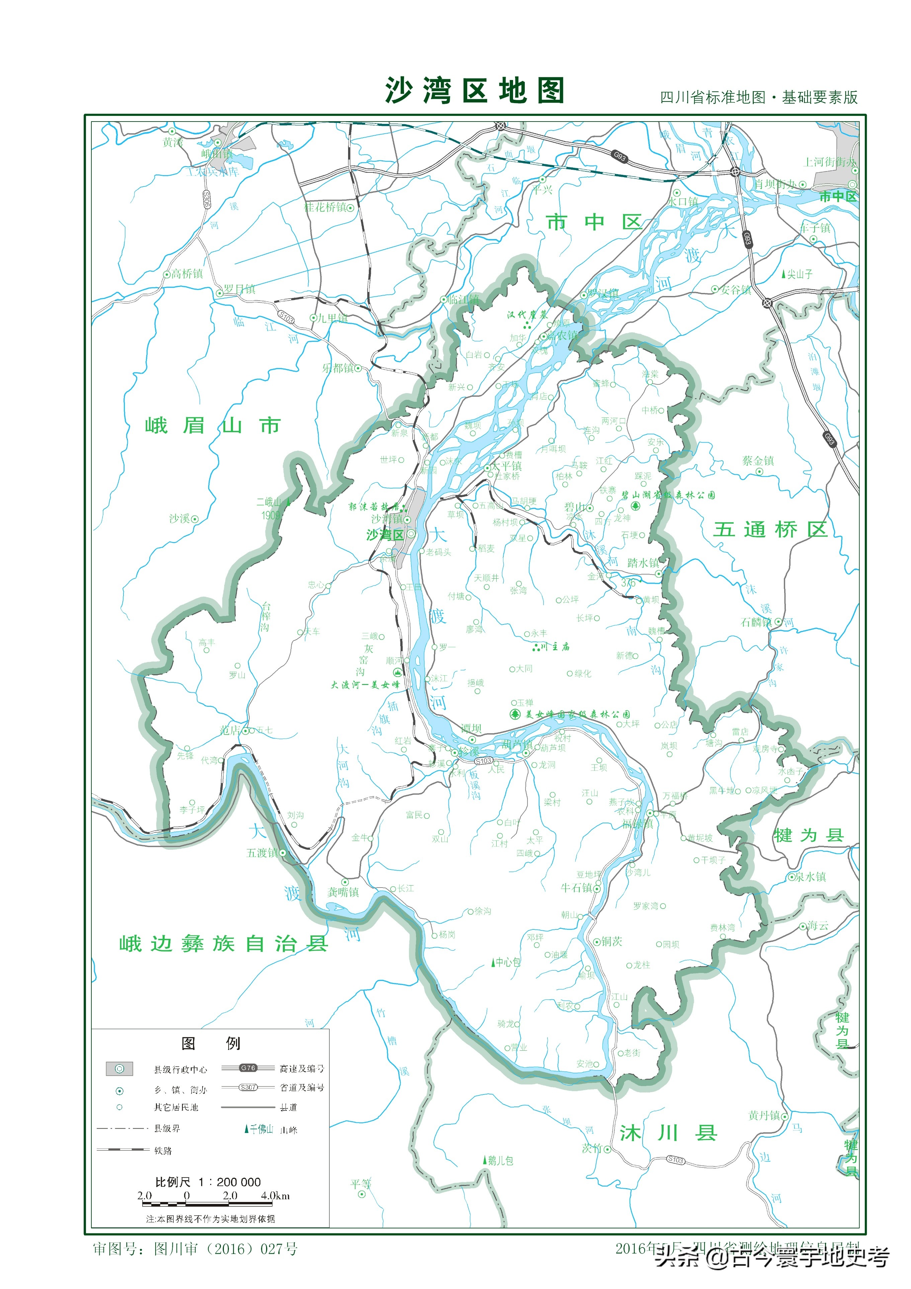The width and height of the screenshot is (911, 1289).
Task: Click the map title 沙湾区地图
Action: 474,91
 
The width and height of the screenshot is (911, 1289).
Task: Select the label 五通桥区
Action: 770,529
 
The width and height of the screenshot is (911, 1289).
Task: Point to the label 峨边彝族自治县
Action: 224,944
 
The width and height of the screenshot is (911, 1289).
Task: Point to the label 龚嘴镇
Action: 343,892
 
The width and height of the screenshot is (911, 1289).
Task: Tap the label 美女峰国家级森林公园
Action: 577,714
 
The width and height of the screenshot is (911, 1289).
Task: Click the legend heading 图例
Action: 211,1043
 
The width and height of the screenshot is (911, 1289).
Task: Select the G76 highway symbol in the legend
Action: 248,1068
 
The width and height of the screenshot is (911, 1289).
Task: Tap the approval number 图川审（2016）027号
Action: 225,1249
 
